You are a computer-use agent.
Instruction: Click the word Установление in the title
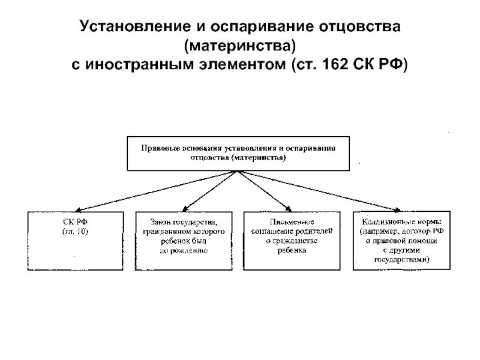click(x=129, y=28)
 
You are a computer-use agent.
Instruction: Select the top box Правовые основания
click(x=238, y=154)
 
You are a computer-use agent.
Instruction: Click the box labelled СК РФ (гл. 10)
click(x=74, y=239)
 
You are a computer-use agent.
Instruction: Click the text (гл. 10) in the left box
click(x=75, y=231)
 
